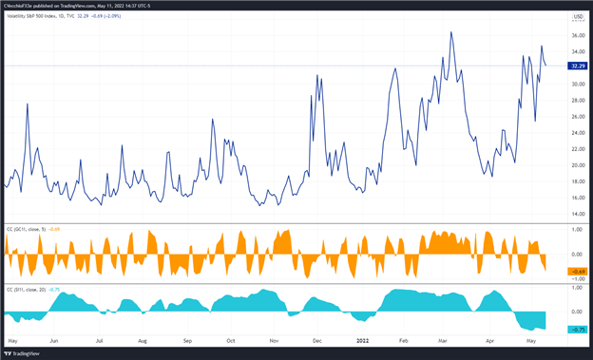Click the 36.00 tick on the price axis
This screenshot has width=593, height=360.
(576, 35)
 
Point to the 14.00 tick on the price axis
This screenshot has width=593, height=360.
(576, 214)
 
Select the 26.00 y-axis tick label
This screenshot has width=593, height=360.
(576, 116)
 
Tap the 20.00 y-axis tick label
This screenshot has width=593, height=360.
(576, 165)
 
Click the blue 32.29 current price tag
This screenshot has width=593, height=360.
(576, 66)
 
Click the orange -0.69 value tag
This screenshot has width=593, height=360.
(576, 271)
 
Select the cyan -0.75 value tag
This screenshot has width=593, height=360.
(576, 329)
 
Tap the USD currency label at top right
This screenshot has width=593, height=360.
(577, 16)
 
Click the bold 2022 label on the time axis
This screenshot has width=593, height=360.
(364, 339)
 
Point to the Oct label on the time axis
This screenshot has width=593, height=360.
(231, 339)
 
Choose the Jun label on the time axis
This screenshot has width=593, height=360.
(54, 339)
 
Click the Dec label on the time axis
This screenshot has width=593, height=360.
(317, 339)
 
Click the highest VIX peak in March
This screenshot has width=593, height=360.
(450, 31)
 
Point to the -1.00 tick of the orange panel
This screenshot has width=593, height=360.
(576, 278)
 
